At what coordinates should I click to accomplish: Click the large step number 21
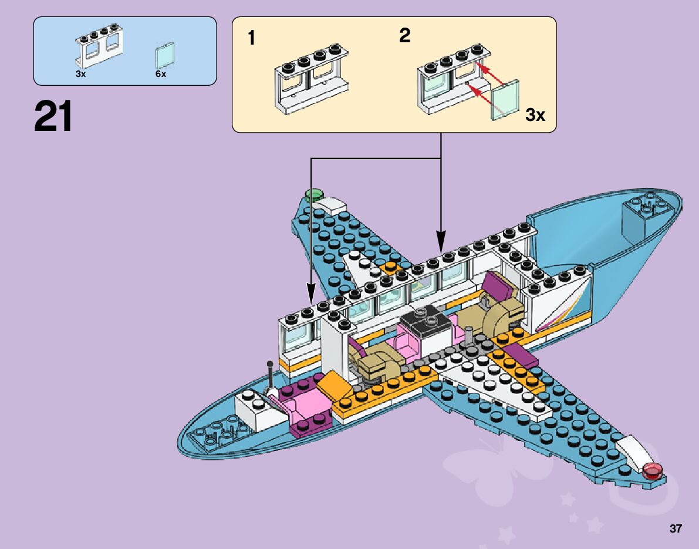(x=53, y=117)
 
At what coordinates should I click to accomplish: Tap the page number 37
(x=676, y=529)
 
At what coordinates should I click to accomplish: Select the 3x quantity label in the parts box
(x=80, y=75)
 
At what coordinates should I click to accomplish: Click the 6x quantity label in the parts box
(x=161, y=75)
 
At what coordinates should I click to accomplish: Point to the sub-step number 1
(x=251, y=39)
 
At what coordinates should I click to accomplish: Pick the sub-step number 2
(x=404, y=36)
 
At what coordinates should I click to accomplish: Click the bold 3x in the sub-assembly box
(x=535, y=115)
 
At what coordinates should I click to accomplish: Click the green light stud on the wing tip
(x=315, y=194)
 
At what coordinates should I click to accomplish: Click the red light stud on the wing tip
(x=652, y=470)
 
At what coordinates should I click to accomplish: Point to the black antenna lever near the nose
(x=271, y=376)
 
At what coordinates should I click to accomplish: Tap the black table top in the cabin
(x=427, y=321)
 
